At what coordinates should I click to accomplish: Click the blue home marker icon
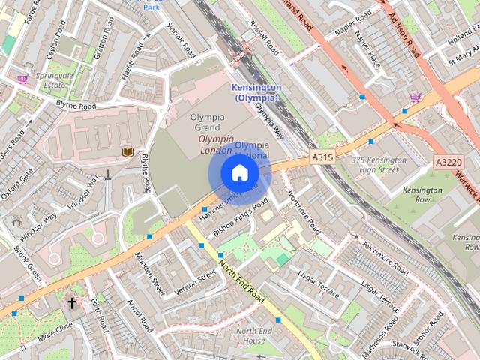(x=238, y=173)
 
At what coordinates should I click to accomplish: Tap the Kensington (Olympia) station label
(x=256, y=92)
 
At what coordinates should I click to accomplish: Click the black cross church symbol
(x=72, y=304)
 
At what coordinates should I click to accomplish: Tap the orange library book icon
(x=127, y=152)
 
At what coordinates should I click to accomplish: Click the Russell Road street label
(x=264, y=38)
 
